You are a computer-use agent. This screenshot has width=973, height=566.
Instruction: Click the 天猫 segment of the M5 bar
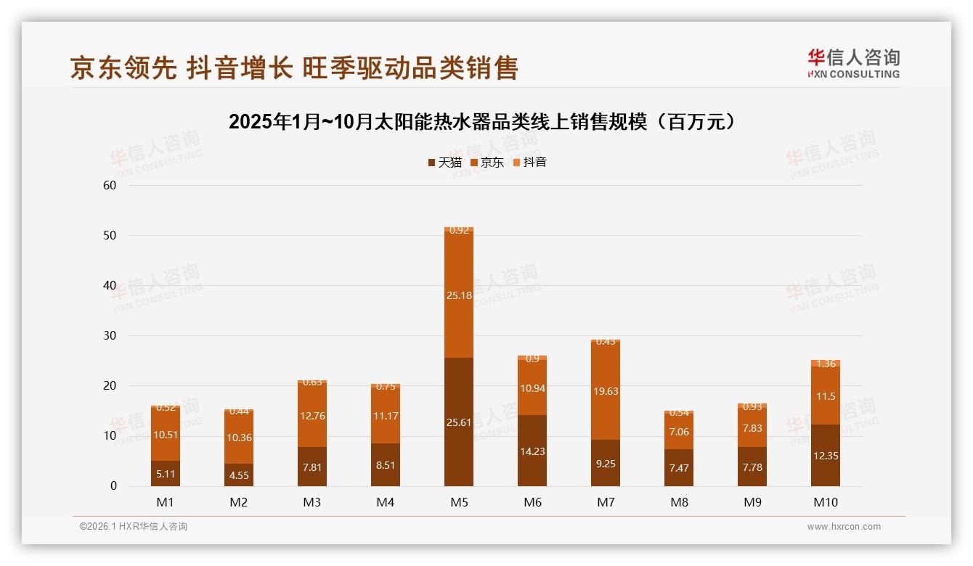458,422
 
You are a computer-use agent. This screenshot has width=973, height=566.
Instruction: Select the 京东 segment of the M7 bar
605,390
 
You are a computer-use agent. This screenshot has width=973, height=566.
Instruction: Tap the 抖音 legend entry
529,163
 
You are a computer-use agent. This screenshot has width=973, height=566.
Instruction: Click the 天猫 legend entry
444,163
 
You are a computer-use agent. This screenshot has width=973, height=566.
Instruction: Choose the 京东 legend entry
487,163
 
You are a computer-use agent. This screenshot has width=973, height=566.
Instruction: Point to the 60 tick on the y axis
110,186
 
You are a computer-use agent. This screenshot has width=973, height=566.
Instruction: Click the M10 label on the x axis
826,502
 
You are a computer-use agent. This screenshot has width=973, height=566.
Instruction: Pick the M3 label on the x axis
312,502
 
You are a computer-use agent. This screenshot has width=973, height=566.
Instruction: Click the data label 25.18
458,295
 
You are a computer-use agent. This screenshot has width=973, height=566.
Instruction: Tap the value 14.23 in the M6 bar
532,451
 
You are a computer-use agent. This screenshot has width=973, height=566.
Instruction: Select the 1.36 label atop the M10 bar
826,364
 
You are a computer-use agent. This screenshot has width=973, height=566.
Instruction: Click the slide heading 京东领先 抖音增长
294,68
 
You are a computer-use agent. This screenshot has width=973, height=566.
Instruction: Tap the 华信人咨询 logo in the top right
853,63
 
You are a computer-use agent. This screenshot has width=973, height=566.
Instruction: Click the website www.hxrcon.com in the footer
843,527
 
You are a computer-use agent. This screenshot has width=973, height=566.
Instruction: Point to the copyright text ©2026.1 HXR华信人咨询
133,527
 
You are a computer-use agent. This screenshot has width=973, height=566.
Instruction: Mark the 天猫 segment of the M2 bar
239,475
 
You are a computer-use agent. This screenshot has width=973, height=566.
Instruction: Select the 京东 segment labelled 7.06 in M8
679,432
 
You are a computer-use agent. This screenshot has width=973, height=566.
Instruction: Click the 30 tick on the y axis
110,336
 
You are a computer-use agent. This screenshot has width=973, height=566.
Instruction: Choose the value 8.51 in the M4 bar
386,465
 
